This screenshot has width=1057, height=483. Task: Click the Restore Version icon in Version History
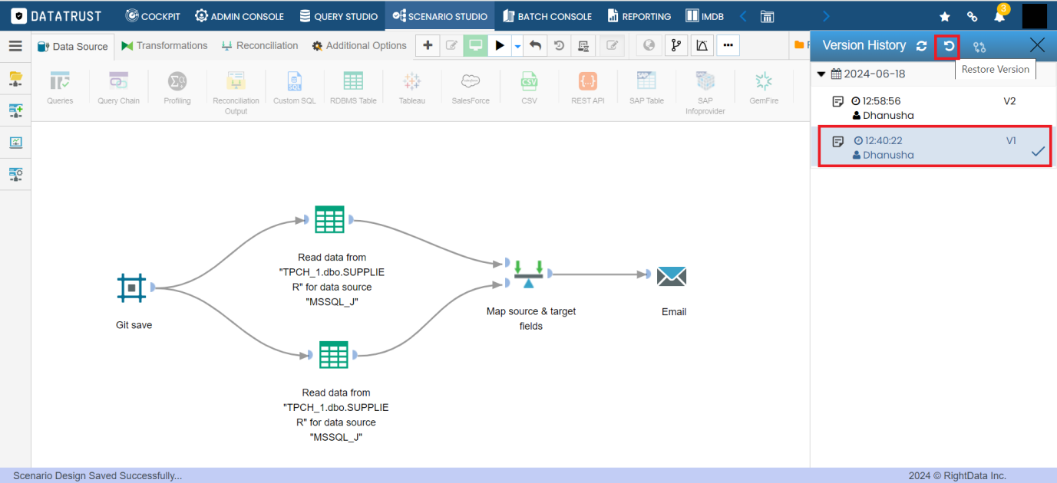tap(949, 46)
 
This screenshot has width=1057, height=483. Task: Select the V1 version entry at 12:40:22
tap(934, 146)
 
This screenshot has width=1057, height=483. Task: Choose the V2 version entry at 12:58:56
tap(934, 108)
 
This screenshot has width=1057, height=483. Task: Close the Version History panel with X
tap(1037, 45)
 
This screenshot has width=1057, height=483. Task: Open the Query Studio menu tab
tap(339, 17)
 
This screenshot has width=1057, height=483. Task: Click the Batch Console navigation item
tap(547, 17)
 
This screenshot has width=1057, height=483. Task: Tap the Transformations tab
tap(164, 46)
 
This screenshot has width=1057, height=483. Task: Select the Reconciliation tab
tap(260, 46)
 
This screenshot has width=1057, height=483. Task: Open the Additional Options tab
tap(359, 46)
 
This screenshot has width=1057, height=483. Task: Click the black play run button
tap(499, 46)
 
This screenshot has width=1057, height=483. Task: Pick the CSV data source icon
tap(529, 87)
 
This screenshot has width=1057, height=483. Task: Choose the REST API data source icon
tap(587, 87)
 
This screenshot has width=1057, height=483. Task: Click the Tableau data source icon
tap(412, 87)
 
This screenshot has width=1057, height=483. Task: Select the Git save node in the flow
tap(131, 287)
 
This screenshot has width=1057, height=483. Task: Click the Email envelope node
tap(672, 277)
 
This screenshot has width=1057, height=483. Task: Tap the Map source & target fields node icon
tap(528, 274)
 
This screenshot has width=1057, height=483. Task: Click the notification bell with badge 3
tap(1000, 15)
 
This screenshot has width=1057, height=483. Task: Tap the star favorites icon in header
tap(944, 17)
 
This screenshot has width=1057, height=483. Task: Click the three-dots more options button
tap(728, 45)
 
